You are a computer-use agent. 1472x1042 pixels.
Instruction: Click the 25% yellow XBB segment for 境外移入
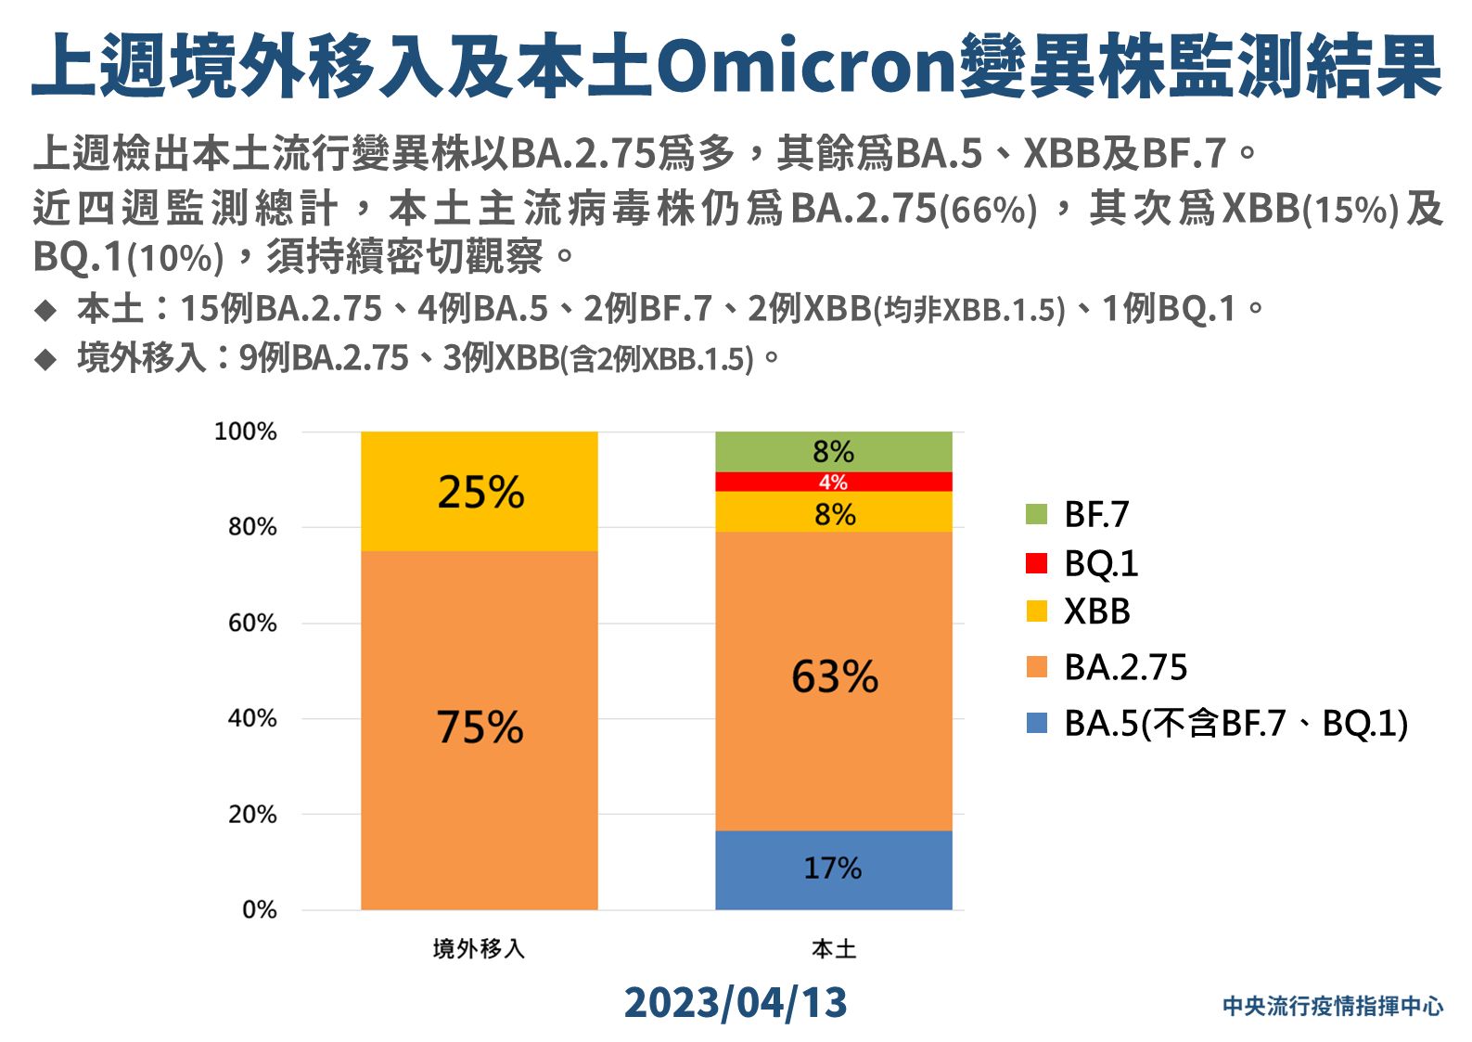tap(479, 491)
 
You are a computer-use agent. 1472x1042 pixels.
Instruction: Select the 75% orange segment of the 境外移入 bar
tap(479, 729)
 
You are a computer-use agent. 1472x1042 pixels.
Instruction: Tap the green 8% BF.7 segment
tap(833, 452)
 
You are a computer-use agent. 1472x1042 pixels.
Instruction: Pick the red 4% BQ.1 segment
tap(833, 482)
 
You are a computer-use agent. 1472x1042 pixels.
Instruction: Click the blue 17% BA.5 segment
tap(833, 869)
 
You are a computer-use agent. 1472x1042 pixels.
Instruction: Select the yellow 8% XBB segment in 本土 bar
tap(833, 512)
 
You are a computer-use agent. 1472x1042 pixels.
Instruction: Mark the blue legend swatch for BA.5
tap(1037, 723)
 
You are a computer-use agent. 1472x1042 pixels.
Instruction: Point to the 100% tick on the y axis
tap(246, 431)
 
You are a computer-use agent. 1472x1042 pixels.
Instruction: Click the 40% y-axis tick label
tap(252, 718)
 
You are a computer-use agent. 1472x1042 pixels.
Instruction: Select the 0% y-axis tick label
tap(259, 909)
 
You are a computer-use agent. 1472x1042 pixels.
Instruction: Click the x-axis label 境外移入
tap(479, 948)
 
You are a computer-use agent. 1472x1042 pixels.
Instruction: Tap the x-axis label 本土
tap(833, 948)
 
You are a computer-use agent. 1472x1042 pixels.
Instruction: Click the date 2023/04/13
tap(736, 1003)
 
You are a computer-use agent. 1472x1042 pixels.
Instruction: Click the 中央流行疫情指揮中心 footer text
tap(1332, 1006)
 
